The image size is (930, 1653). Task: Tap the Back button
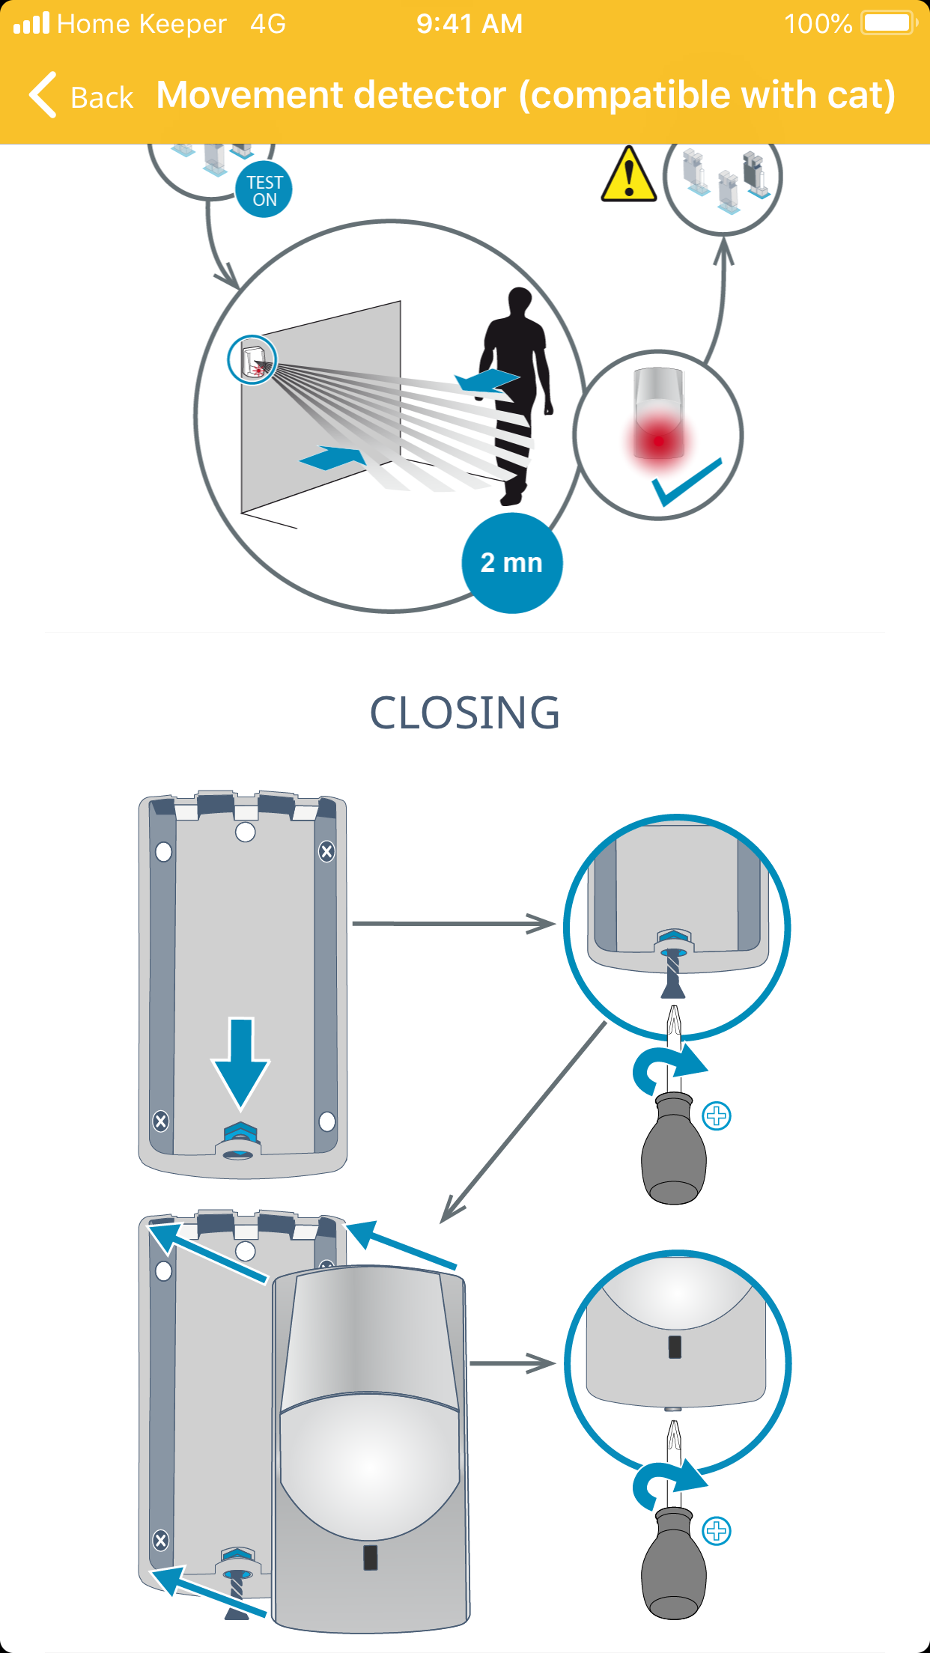click(x=81, y=96)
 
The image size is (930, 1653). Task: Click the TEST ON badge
click(x=264, y=190)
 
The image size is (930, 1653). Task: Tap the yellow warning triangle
click(x=629, y=176)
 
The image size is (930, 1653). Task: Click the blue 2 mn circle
click(x=511, y=563)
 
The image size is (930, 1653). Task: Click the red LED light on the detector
click(x=658, y=440)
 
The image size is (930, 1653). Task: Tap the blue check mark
click(x=686, y=481)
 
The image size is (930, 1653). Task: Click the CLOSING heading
click(x=464, y=713)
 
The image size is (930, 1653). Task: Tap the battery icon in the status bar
click(x=889, y=23)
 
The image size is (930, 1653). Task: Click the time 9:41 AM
click(x=469, y=24)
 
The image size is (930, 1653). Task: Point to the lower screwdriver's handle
click(x=674, y=1565)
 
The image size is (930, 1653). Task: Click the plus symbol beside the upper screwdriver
click(x=717, y=1116)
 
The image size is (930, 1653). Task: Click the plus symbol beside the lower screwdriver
click(x=717, y=1531)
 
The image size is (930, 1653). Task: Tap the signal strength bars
click(x=31, y=23)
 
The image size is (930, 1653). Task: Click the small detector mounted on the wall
click(x=252, y=359)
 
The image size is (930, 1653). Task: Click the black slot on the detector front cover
click(x=370, y=1557)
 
